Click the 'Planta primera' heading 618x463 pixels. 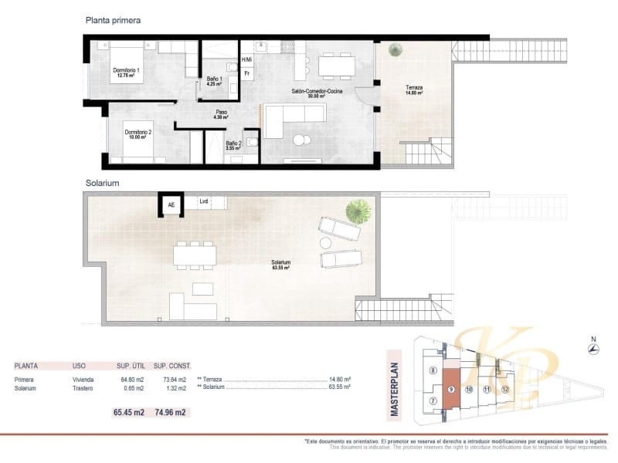click(113, 21)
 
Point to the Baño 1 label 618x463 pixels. click(215, 81)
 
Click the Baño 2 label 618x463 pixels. click(234, 144)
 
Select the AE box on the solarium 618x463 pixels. click(171, 204)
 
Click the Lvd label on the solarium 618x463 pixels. click(204, 201)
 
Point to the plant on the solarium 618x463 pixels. click(358, 209)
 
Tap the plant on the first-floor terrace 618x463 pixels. click(396, 50)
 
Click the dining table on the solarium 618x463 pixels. click(194, 254)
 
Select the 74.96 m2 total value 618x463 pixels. click(170, 412)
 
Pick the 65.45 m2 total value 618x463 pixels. click(129, 412)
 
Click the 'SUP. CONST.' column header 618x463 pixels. click(171, 366)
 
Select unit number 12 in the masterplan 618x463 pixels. click(504, 390)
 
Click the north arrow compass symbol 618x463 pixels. click(593, 349)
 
